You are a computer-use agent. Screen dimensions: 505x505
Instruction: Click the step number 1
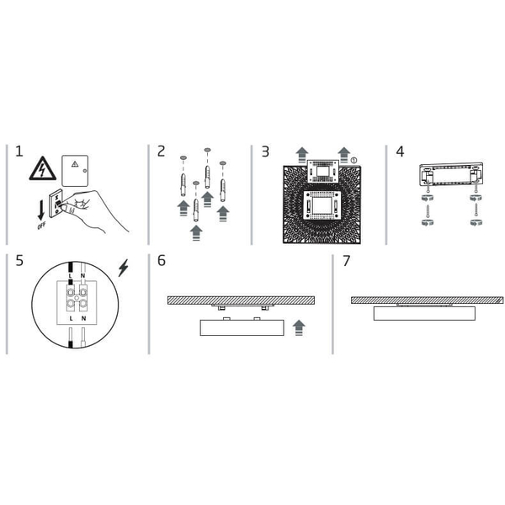19,151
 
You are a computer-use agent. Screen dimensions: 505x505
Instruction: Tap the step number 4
400,151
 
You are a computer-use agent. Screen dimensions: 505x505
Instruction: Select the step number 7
346,261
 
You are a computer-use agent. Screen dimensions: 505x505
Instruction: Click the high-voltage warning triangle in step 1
43,168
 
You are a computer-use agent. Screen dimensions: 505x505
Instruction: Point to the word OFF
41,226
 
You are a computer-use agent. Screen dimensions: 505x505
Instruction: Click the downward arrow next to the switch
41,210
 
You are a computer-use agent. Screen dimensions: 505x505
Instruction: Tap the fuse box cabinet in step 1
75,171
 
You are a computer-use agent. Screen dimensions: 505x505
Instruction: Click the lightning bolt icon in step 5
123,268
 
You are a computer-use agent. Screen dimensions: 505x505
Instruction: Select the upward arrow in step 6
299,328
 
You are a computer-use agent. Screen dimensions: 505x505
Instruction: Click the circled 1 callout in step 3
353,160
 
